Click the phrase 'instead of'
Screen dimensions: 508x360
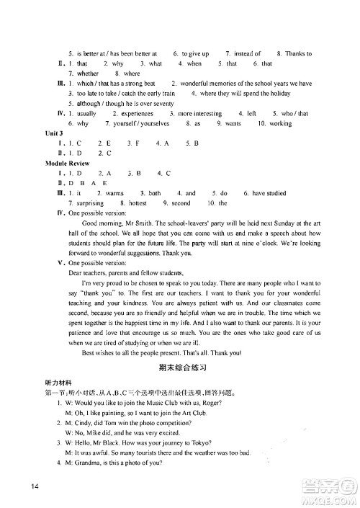coord(246,53)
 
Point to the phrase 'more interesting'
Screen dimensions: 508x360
coord(199,114)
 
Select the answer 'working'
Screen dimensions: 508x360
coord(279,124)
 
